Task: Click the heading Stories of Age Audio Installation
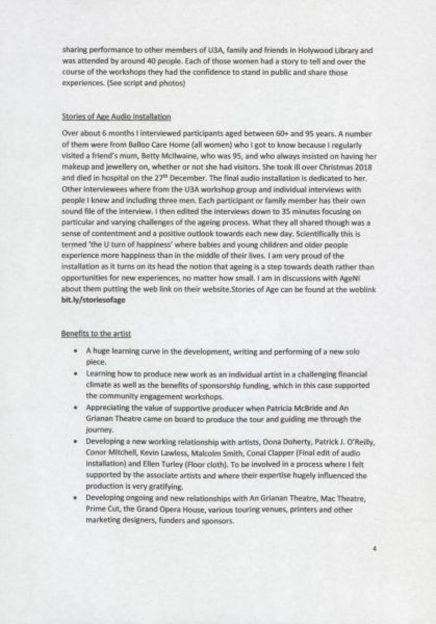click(x=116, y=117)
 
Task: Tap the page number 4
click(x=374, y=549)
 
